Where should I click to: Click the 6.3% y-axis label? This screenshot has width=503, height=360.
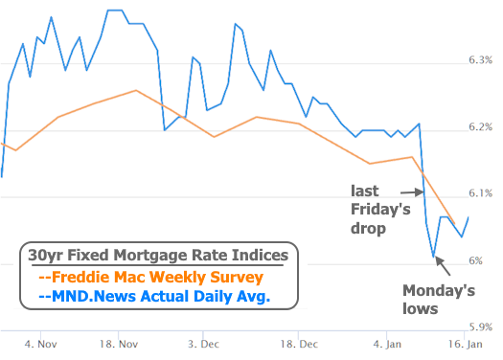pyautogui.click(x=481, y=60)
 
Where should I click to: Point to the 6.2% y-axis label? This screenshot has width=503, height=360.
pyautogui.click(x=481, y=127)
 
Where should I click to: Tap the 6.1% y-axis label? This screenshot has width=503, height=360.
pyautogui.click(x=481, y=193)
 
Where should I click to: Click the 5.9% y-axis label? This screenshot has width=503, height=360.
pyautogui.click(x=481, y=326)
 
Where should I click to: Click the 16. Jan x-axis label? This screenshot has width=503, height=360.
pyautogui.click(x=467, y=342)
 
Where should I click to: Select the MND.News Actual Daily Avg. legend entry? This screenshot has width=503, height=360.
pyautogui.click(x=154, y=297)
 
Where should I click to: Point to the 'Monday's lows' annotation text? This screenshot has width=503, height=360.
pyautogui.click(x=433, y=299)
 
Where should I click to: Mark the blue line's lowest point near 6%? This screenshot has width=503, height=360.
pyautogui.click(x=434, y=258)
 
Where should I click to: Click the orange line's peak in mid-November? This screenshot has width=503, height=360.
pyautogui.click(x=136, y=90)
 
